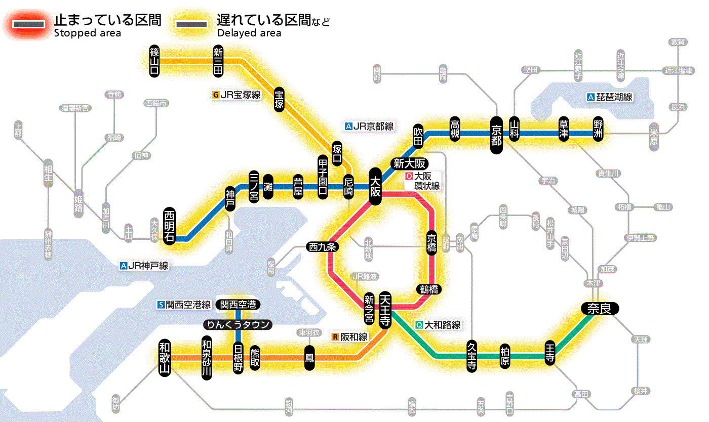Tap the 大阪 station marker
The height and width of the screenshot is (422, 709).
(x=375, y=186)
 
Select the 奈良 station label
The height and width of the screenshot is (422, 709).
(x=599, y=308)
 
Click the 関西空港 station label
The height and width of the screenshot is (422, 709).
(x=238, y=305)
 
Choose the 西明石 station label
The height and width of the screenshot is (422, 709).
(x=169, y=226)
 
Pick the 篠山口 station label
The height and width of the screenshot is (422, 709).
(x=154, y=61)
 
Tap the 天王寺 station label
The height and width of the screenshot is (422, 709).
(x=384, y=310)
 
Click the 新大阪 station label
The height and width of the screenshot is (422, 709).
(x=410, y=163)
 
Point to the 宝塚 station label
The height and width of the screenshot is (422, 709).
(x=279, y=99)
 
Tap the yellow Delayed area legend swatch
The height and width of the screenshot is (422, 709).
(x=191, y=24)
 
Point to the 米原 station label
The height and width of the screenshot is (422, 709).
(x=654, y=137)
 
